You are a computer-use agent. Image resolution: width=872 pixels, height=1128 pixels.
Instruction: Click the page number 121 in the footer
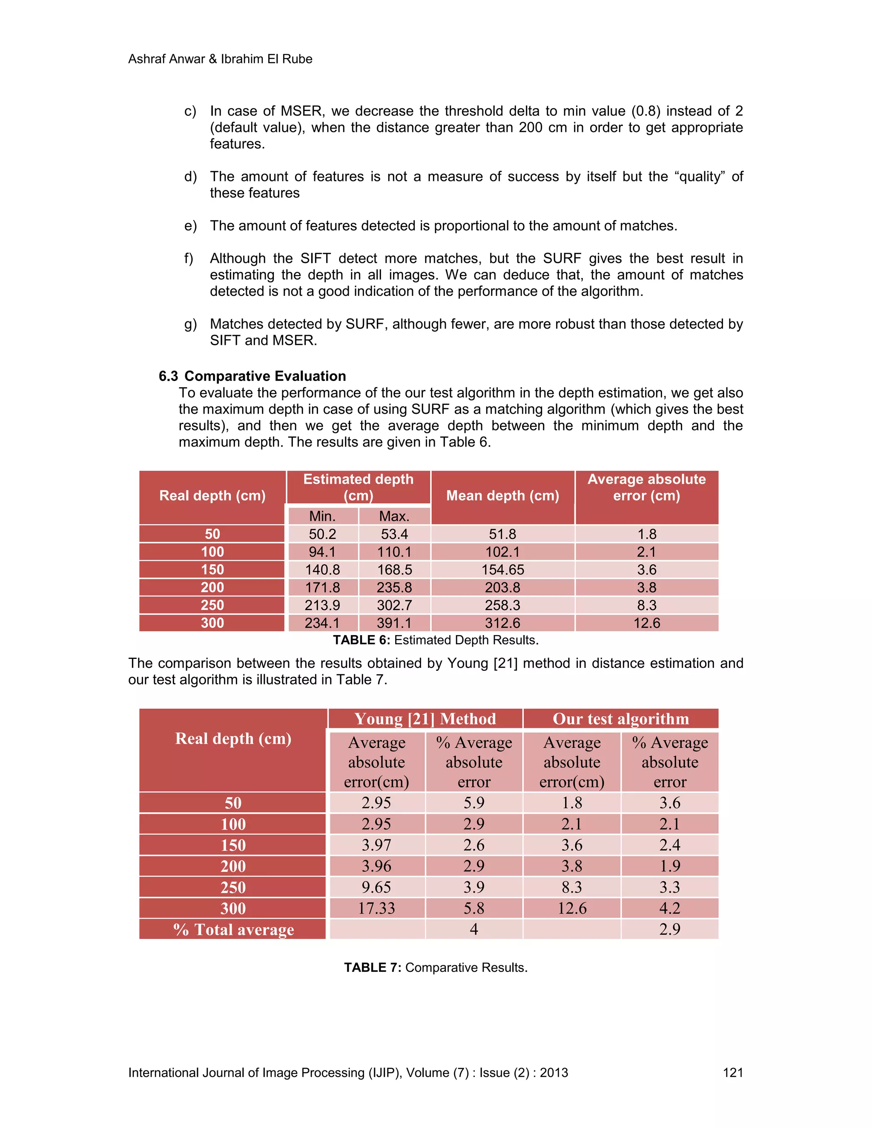732,1073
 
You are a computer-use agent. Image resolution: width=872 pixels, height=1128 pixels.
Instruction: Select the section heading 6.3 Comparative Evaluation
252,376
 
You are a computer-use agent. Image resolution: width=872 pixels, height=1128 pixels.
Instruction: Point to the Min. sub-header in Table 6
322,516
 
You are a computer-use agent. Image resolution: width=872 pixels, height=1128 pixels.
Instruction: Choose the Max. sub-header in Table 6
394,516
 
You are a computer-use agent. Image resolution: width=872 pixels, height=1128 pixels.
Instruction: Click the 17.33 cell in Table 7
376,908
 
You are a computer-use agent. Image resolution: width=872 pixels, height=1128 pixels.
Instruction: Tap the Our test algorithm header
620,719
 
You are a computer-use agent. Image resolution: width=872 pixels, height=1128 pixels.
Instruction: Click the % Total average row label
233,930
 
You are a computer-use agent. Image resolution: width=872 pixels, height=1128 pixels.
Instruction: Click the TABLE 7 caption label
373,968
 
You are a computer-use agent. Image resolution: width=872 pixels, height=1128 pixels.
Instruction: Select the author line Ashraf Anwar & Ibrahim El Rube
220,59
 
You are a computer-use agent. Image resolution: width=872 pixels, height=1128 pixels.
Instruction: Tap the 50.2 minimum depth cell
322,534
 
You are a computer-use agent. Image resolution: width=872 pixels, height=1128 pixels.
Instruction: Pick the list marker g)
190,324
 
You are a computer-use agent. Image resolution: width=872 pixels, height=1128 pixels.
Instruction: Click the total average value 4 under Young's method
474,930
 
